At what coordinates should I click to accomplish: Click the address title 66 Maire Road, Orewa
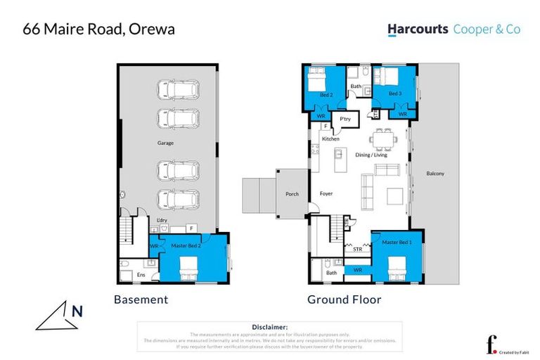click(98, 30)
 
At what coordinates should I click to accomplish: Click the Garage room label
click(165, 143)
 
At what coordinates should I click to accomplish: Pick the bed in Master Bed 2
click(188, 267)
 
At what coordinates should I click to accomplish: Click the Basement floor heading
click(141, 300)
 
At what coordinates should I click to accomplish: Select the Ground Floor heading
click(344, 300)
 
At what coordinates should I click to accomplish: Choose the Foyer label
click(326, 193)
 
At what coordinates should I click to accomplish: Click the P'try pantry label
click(345, 120)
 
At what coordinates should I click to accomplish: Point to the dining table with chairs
click(384, 139)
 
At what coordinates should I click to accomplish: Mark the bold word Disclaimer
click(269, 327)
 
